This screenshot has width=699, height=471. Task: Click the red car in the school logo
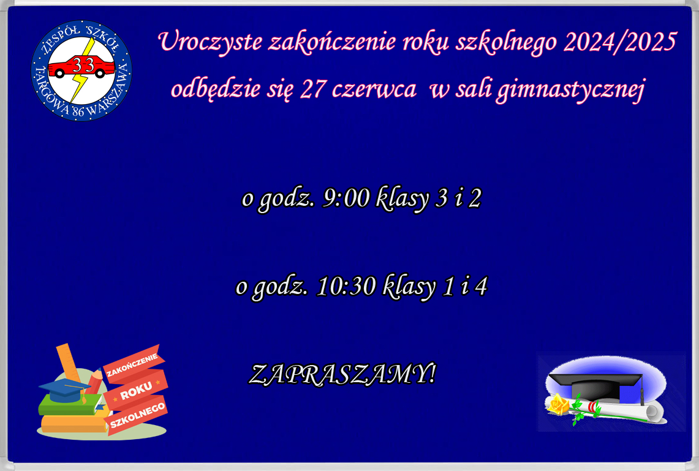(x=81, y=67)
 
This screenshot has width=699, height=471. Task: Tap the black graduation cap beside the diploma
(x=594, y=385)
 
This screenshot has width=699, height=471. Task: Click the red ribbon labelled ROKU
(x=135, y=394)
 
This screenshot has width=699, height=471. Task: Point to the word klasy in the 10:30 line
(x=409, y=287)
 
